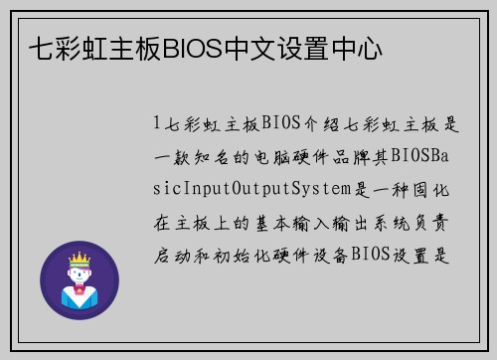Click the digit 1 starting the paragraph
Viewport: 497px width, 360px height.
(x=157, y=124)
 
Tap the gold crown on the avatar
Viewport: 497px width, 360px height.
(x=79, y=258)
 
